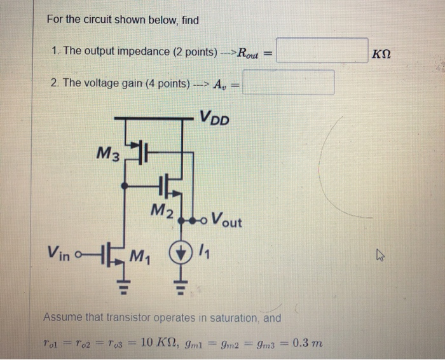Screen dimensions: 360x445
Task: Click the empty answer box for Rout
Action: pyautogui.click(x=322, y=51)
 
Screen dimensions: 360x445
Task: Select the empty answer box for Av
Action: pyautogui.click(x=289, y=82)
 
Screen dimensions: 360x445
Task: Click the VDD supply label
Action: pyautogui.click(x=215, y=118)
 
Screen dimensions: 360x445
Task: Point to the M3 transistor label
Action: pyautogui.click(x=108, y=153)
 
